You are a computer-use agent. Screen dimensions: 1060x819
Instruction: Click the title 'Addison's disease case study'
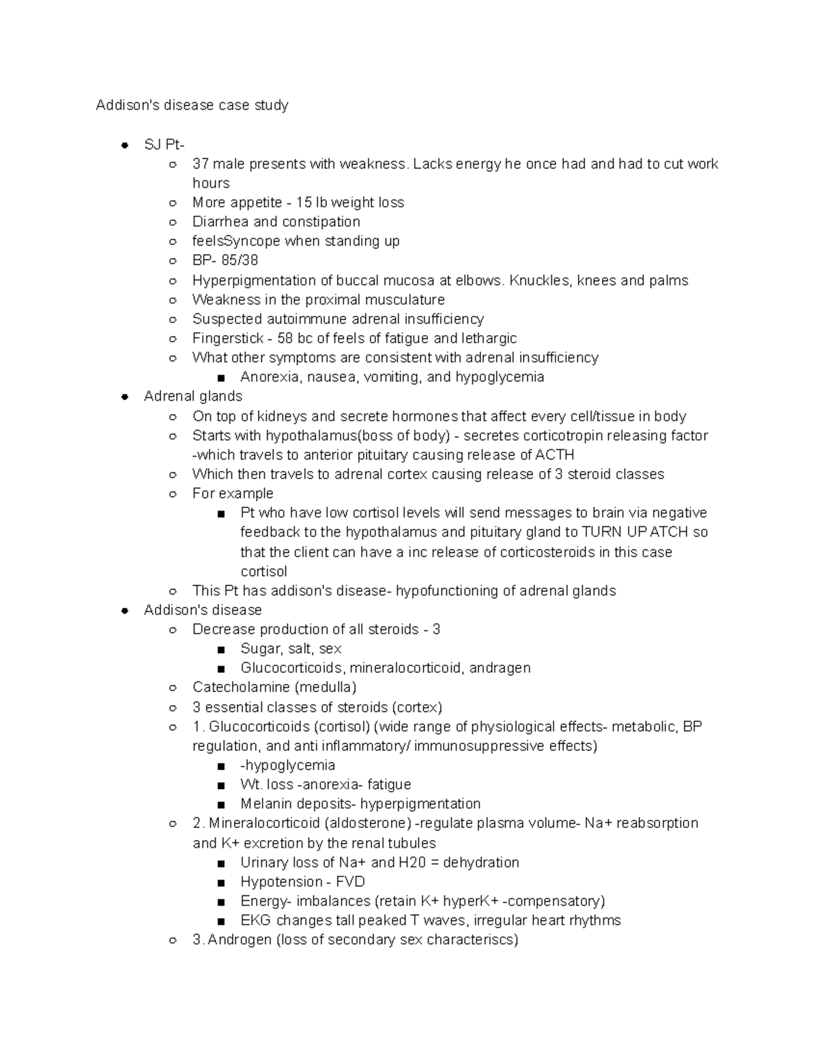point(192,105)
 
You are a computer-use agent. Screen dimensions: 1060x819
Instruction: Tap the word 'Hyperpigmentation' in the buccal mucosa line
point(251,281)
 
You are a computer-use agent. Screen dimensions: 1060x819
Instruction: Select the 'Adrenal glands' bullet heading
point(193,397)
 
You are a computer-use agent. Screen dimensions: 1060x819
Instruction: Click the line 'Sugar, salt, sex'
point(291,649)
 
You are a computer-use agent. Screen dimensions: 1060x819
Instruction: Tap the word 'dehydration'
point(481,863)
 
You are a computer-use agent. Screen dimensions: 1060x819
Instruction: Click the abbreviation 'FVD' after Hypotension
point(350,882)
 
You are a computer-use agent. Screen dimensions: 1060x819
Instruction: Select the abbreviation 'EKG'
point(255,921)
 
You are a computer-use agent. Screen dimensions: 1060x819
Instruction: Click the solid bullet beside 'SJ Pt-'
point(124,145)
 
